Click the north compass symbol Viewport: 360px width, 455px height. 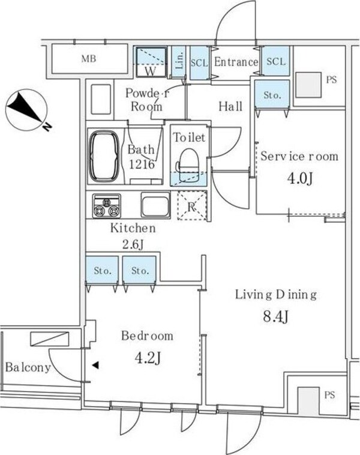coord(26,110)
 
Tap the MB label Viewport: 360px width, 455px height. coord(88,59)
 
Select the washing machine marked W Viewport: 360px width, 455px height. coord(151,62)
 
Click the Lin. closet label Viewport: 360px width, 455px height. coord(179,61)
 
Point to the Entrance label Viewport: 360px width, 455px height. coord(236,62)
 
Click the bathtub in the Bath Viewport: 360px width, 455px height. coord(104,156)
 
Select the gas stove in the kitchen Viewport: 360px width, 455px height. coord(106,206)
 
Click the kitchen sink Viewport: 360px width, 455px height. coord(155,205)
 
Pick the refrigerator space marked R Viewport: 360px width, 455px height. coord(192,205)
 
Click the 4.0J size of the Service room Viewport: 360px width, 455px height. coord(299,178)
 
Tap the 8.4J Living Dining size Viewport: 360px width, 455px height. coord(276,316)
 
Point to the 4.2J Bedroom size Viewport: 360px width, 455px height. coord(148,358)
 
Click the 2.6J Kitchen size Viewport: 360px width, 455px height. coord(133,245)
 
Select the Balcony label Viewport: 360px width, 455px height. coord(28,367)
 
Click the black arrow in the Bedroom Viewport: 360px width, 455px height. coord(95,366)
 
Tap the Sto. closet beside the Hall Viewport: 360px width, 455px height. coord(272,95)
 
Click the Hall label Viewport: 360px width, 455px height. coord(230,106)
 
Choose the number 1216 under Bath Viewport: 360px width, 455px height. coord(142,164)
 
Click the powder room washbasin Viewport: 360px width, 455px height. coord(101,99)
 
